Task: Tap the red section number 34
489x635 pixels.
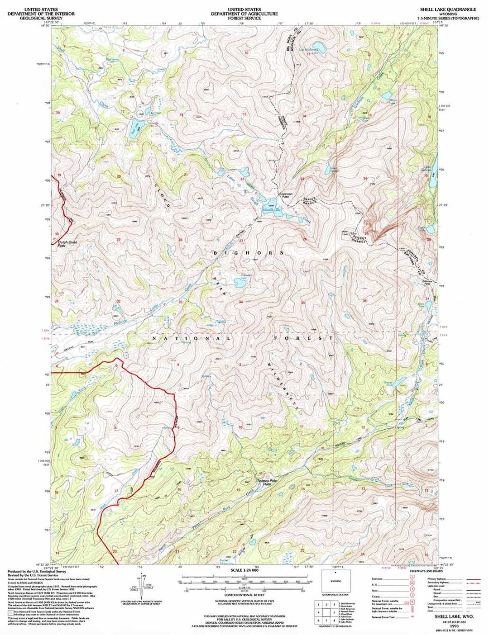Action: (241, 302)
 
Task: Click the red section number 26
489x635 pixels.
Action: (305, 239)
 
